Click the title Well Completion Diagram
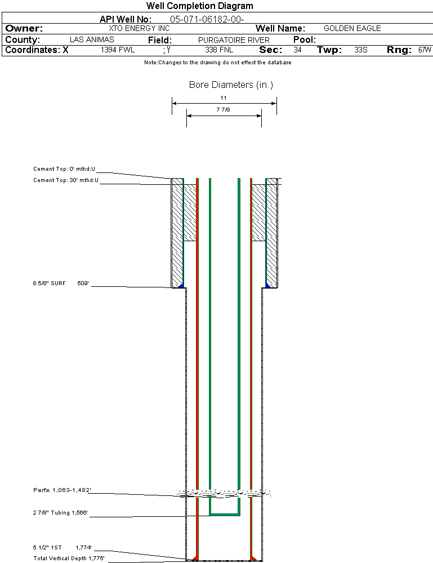coord(199,6)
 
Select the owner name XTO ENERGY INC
coord(139,28)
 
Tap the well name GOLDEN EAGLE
coord(352,28)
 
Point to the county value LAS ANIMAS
coord(92,40)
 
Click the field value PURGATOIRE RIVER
coord(234,40)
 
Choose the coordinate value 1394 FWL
coord(118,50)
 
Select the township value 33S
coord(361,50)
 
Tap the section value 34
coord(297,50)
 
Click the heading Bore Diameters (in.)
coord(231,85)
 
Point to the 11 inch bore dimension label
coord(224,98)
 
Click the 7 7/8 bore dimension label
coord(224,110)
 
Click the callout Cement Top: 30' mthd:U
coord(65,180)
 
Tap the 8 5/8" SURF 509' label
coord(61,283)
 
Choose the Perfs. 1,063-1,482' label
coord(61,490)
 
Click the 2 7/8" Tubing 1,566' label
coord(60,513)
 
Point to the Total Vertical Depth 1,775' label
coord(69,558)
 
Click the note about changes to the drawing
coord(217,63)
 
